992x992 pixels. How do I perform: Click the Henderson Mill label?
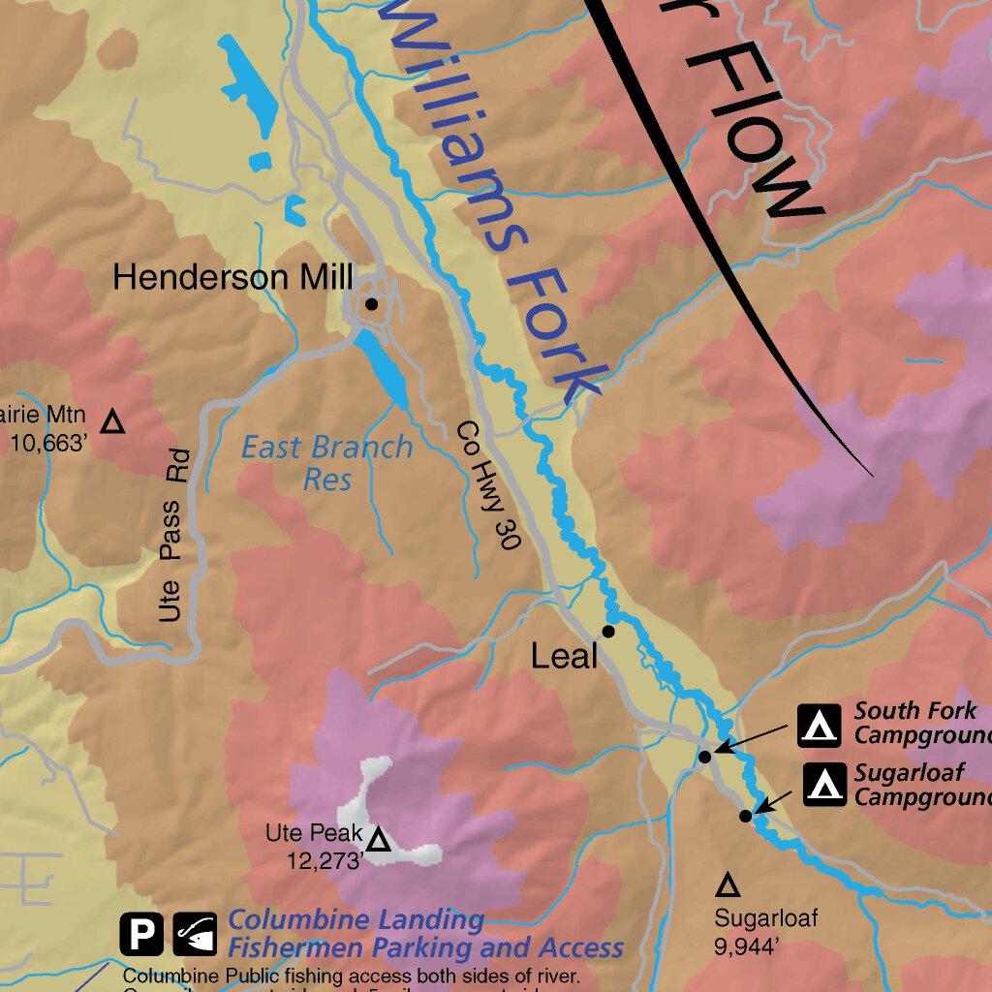pos(232,278)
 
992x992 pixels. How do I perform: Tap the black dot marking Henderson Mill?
pos(371,304)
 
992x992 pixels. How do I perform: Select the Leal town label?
pos(564,657)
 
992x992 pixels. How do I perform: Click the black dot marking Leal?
pos(608,632)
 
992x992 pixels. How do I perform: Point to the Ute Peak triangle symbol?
pos(379,839)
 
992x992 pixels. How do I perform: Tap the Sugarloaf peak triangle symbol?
pos(728,884)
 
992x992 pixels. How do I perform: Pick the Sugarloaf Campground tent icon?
pos(825,785)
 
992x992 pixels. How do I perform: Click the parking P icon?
pos(141,935)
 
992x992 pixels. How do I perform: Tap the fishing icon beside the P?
pos(195,935)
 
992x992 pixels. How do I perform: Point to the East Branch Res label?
pos(326,463)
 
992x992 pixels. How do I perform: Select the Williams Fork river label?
pos(495,203)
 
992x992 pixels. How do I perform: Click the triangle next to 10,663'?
pos(113,422)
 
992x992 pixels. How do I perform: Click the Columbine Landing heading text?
pos(356,920)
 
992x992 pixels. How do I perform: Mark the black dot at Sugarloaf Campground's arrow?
pos(745,816)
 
